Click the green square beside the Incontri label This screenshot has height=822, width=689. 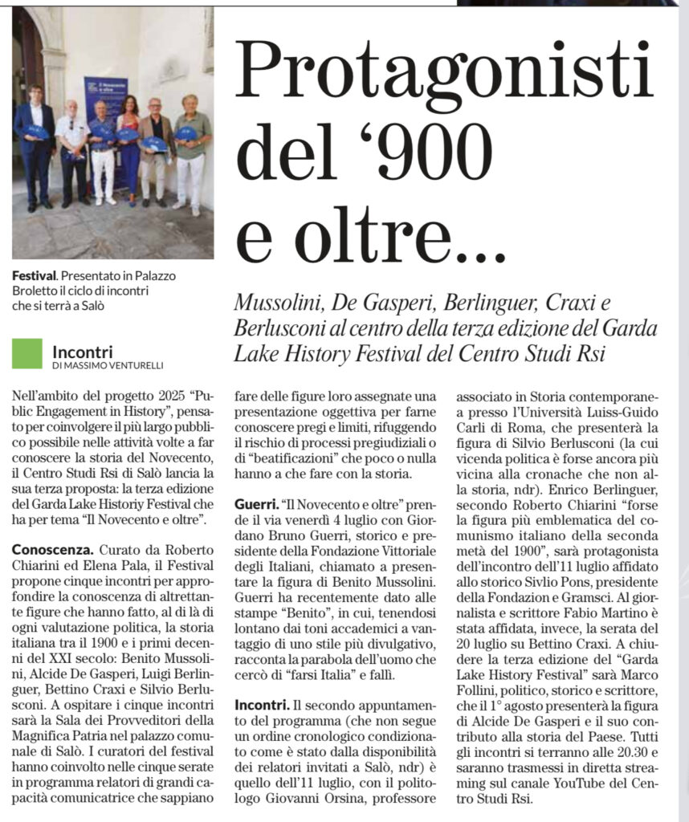(26, 353)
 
